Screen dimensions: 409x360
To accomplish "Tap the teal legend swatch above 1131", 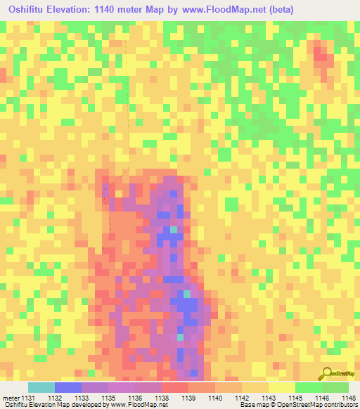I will [41, 387].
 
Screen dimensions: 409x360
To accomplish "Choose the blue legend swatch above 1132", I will [68, 387].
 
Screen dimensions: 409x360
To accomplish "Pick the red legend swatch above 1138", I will [175, 387].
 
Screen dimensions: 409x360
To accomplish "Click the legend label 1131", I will [29, 398].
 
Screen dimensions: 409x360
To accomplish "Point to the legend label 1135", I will [109, 398].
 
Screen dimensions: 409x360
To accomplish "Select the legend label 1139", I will [189, 398].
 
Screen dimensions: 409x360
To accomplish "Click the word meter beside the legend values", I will [11, 398].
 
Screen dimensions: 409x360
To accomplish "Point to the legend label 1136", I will [136, 398].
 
